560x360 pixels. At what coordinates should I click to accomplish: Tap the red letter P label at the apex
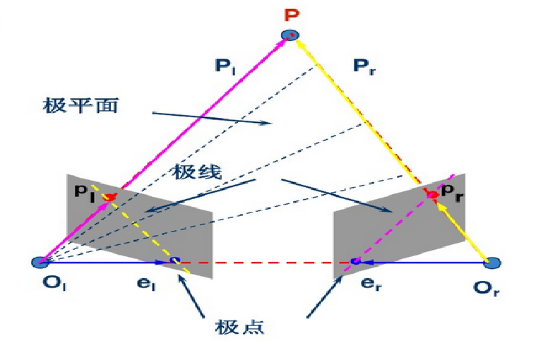coord(290,14)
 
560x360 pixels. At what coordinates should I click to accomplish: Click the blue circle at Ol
coord(40,263)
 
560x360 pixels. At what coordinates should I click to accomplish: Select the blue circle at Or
coord(494,263)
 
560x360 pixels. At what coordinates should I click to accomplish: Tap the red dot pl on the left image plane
coord(108,197)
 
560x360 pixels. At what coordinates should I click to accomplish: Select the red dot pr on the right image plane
coord(432,193)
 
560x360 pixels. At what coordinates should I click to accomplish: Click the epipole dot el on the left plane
coord(174,261)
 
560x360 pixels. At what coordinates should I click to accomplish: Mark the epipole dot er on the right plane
coord(356,261)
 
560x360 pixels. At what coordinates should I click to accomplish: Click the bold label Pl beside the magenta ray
coord(225,67)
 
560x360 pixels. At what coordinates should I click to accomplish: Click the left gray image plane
coord(141,226)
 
